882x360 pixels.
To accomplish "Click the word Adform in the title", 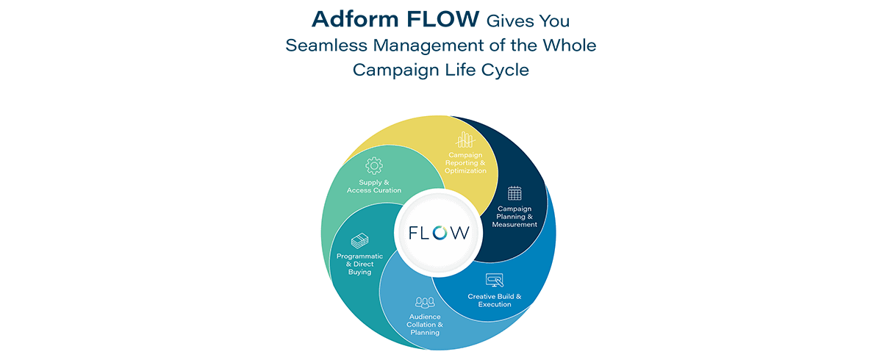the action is point(355,19).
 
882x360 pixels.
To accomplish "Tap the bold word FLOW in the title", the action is point(443,19).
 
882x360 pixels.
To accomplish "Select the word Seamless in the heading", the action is point(326,46).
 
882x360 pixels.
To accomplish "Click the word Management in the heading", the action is point(428,46).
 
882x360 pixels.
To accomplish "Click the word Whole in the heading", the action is point(570,46).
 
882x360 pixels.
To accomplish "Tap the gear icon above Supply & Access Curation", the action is point(373,165).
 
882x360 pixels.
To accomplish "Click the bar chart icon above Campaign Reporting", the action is point(465,140).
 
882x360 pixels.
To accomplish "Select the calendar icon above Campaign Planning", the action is point(514,193).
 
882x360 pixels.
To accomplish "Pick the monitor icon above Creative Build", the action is point(495,280).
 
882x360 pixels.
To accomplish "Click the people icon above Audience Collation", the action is point(425,303).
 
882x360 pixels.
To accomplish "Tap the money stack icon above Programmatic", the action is point(359,241).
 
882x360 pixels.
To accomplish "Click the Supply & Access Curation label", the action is point(373,187).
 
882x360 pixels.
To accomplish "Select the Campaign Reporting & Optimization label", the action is point(465,163).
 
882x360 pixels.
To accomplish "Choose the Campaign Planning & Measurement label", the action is point(514,217).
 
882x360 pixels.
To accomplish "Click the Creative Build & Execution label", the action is point(495,300).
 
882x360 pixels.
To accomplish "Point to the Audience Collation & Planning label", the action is point(425,325).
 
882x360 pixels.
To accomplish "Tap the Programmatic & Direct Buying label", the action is point(359,264).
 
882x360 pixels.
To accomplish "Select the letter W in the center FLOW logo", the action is point(459,232).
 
